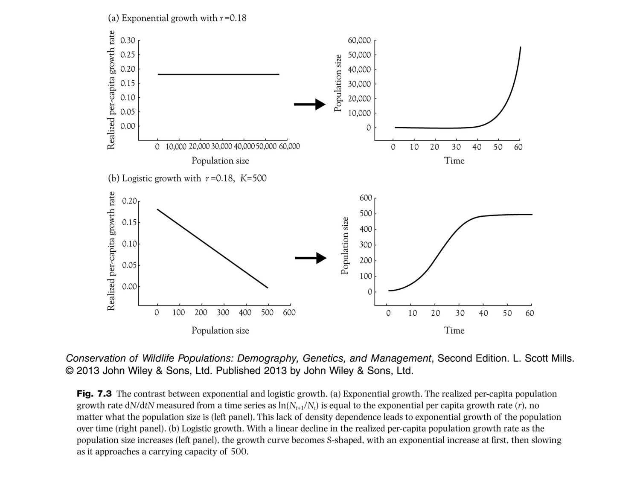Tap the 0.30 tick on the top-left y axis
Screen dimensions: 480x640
pyautogui.click(x=128, y=41)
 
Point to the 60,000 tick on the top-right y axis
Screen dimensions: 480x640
pyautogui.click(x=359, y=41)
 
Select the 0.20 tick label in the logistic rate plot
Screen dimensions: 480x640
pyautogui.click(x=129, y=201)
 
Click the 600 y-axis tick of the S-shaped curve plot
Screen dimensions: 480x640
pyautogui.click(x=366, y=198)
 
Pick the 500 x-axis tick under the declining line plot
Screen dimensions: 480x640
pyautogui.click(x=267, y=313)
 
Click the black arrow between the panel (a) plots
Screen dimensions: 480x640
pyautogui.click(x=310, y=104)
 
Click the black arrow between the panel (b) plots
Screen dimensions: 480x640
pyautogui.click(x=311, y=258)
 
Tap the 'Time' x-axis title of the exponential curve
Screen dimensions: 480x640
pyautogui.click(x=454, y=161)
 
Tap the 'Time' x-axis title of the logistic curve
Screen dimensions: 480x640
pyautogui.click(x=454, y=330)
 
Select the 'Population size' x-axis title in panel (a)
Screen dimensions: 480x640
pyautogui.click(x=220, y=161)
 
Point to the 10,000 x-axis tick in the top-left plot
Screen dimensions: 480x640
pyautogui.click(x=176, y=147)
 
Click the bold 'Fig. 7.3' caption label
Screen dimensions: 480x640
pyautogui.click(x=94, y=393)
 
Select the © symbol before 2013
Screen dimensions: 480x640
pyautogui.click(x=70, y=371)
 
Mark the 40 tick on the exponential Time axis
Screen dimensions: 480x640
pyautogui.click(x=477, y=147)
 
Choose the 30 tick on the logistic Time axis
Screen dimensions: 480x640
pyautogui.click(x=460, y=313)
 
